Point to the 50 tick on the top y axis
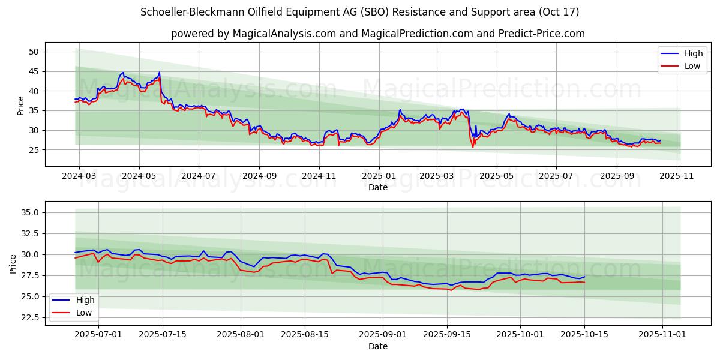click(34, 52)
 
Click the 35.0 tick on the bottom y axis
click(30, 212)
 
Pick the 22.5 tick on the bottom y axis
click(30, 317)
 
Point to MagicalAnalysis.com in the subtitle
click(276, 34)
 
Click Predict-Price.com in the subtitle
click(541, 34)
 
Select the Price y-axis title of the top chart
click(21, 106)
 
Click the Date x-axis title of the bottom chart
click(378, 346)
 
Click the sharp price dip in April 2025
click(473, 146)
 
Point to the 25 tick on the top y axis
click(34, 150)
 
